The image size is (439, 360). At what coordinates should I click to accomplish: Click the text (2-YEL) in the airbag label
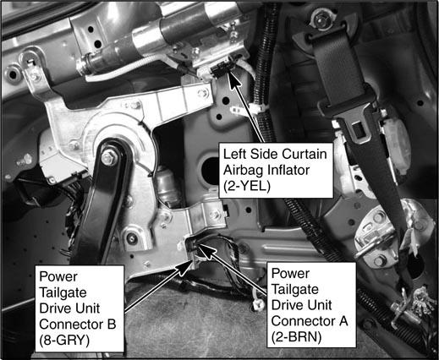tap(247, 186)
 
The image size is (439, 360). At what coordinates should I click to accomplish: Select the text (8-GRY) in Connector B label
tap(64, 341)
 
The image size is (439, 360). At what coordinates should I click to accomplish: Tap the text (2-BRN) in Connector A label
tap(296, 337)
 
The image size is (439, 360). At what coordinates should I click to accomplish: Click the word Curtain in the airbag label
tap(305, 154)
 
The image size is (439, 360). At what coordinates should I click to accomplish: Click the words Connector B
tap(78, 325)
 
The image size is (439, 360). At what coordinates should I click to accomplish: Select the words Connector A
tap(310, 321)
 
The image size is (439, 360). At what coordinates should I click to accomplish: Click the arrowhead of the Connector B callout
tap(185, 267)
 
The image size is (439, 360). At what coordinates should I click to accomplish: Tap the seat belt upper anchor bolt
tap(321, 19)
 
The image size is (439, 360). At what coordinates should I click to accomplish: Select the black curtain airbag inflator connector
tap(222, 69)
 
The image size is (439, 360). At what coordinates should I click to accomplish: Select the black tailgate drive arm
tap(102, 197)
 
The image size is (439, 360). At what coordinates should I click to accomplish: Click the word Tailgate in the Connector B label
tap(63, 292)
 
